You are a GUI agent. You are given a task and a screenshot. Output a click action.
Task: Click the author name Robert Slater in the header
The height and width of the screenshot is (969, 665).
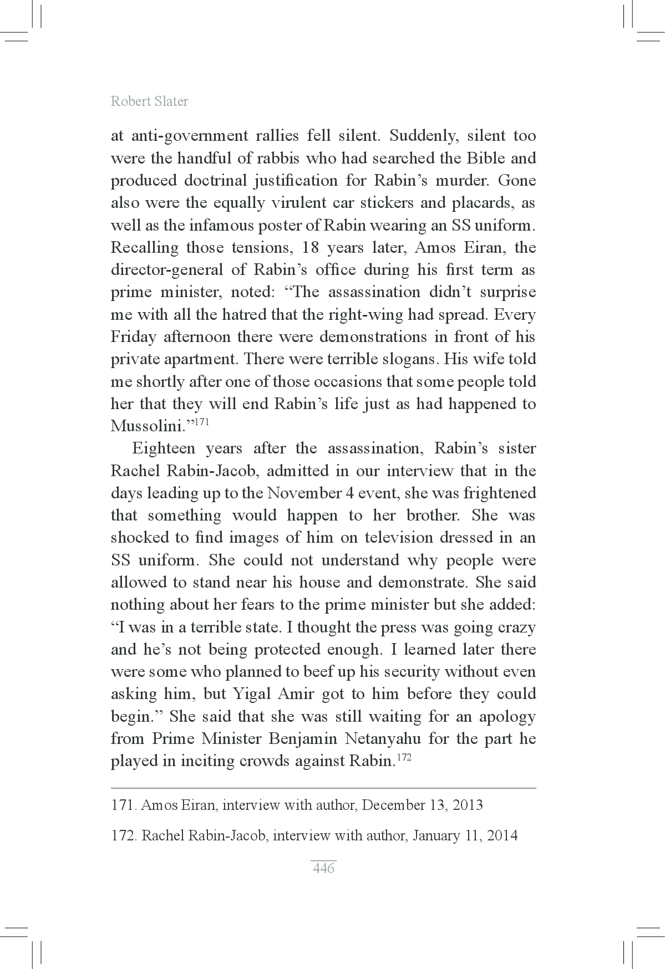(x=149, y=101)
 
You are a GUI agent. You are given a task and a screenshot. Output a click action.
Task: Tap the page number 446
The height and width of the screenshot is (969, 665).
(x=323, y=868)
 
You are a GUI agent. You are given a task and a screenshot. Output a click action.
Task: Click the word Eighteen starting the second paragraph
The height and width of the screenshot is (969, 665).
(x=163, y=448)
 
